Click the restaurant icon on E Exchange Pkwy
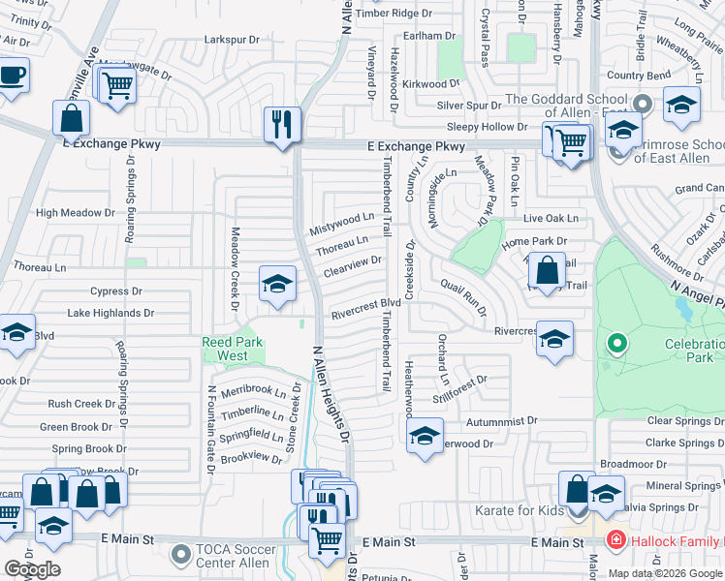pos(282,125)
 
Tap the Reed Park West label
pos(225,349)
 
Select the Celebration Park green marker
pos(615,343)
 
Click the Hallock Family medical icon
pos(613,539)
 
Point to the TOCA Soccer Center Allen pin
pos(180,555)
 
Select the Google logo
pos(31,569)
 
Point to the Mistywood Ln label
pos(341,225)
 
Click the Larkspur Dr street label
pos(233,40)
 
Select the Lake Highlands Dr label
pos(110,313)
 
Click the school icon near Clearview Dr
pos(277,285)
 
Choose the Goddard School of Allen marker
pos(640,103)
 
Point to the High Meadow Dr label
pos(74,213)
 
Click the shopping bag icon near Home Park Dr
pos(548,270)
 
